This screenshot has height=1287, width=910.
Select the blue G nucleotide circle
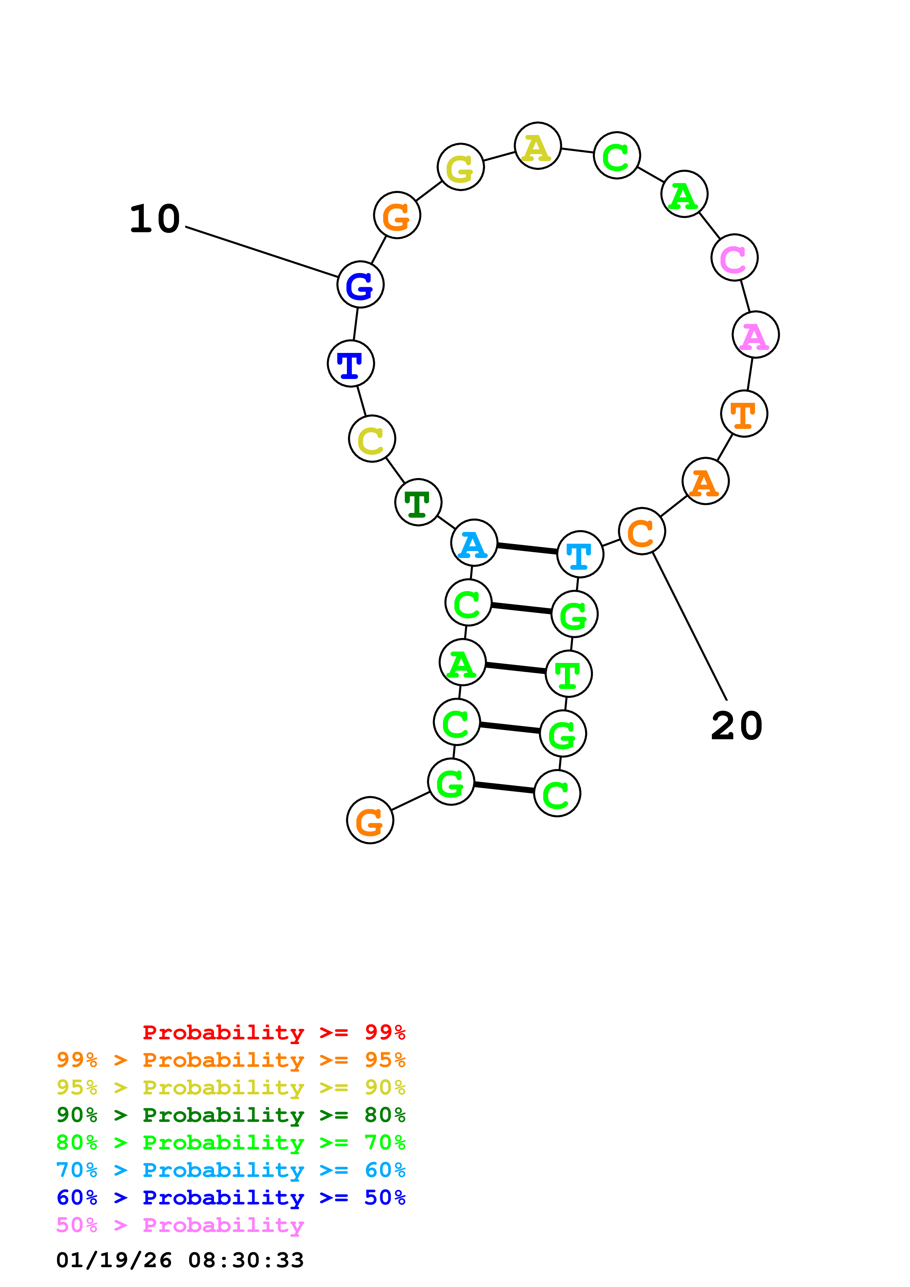click(360, 285)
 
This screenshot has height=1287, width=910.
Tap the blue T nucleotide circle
click(351, 364)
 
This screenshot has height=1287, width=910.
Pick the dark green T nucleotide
click(418, 502)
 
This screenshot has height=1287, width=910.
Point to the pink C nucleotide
click(734, 258)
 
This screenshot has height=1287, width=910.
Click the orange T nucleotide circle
click(743, 414)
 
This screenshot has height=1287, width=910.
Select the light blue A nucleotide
click(474, 543)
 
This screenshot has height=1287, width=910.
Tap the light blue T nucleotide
click(580, 554)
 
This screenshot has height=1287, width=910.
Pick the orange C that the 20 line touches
click(641, 531)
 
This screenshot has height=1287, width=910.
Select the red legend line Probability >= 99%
click(273, 1032)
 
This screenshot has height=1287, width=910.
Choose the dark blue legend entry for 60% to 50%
click(231, 1197)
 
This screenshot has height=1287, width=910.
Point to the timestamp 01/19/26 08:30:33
click(180, 1260)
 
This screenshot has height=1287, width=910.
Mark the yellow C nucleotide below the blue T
click(372, 439)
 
